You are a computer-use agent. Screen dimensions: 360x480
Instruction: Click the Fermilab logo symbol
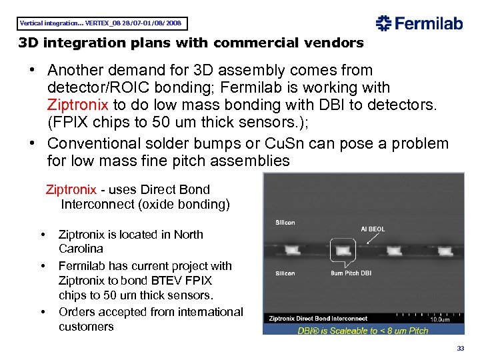384,24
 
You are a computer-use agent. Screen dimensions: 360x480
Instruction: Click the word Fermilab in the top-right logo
429,24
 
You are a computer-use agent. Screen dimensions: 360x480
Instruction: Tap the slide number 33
460,349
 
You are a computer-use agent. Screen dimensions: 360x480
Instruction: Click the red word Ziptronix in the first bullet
79,105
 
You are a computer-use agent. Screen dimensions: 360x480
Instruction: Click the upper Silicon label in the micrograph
285,222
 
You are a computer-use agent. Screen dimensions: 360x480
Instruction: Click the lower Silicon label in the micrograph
285,273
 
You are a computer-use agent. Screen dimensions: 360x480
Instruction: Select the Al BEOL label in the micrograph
372,229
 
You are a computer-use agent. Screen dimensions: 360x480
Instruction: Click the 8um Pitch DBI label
351,273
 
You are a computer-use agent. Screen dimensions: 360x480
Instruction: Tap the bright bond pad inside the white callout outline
343,251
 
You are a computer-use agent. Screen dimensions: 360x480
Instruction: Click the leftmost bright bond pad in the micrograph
293,251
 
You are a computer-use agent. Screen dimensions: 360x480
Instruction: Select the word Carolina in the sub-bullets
81,249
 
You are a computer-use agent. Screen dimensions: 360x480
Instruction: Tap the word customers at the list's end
86,327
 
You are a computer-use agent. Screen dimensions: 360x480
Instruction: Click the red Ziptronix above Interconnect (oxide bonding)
71,189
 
